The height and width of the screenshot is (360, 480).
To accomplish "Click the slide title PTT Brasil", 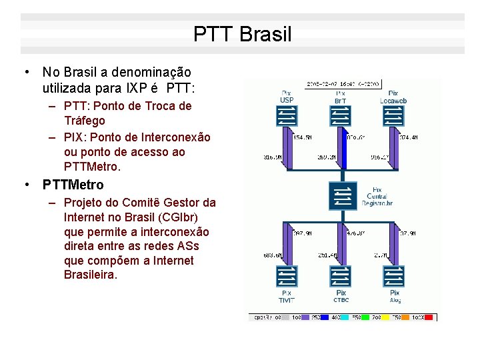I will pos(242,34).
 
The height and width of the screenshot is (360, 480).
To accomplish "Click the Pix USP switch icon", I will pos(286,117).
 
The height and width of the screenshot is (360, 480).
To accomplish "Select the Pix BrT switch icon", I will pos(340,117).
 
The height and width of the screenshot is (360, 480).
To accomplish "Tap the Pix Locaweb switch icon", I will pos(393,117).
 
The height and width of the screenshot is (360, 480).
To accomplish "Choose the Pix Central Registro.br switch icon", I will pos(341,196).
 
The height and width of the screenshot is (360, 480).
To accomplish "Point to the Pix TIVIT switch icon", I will pos(286,275).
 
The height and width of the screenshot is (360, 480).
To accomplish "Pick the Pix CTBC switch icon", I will pos(341,275).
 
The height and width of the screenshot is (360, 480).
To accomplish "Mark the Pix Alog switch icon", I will pos(394,275).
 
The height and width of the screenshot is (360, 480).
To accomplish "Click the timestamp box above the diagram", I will pos(343,84).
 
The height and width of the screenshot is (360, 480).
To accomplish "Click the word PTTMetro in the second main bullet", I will pos(73,184).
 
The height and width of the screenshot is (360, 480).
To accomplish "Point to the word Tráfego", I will pos(85,121).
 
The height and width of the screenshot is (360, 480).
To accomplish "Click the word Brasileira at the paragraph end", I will pos(91,275).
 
